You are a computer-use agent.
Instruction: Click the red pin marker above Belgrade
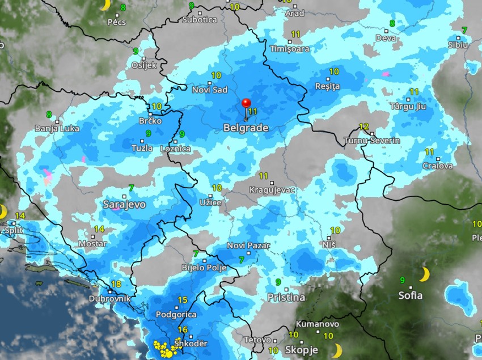[x=246, y=104]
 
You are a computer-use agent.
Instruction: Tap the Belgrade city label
[x=246, y=128]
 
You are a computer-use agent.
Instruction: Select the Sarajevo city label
[x=124, y=204]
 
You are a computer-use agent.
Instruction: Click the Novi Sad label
[x=210, y=90]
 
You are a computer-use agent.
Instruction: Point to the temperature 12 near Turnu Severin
[x=364, y=127]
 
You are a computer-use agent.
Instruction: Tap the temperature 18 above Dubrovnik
[x=117, y=285]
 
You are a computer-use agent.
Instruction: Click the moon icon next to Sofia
[x=424, y=275]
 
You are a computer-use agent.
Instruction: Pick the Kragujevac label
[x=272, y=190]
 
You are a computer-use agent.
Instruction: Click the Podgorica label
[x=177, y=315]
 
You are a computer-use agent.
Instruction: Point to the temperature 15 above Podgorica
[x=182, y=300]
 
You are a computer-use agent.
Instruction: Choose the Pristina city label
[x=286, y=297]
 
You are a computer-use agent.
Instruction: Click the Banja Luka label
[x=57, y=129]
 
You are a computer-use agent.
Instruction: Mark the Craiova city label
[x=438, y=166]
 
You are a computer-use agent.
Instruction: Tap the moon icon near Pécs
[x=105, y=5]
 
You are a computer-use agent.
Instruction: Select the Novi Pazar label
[x=248, y=245]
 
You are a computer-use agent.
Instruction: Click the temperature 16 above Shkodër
[x=183, y=330]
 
